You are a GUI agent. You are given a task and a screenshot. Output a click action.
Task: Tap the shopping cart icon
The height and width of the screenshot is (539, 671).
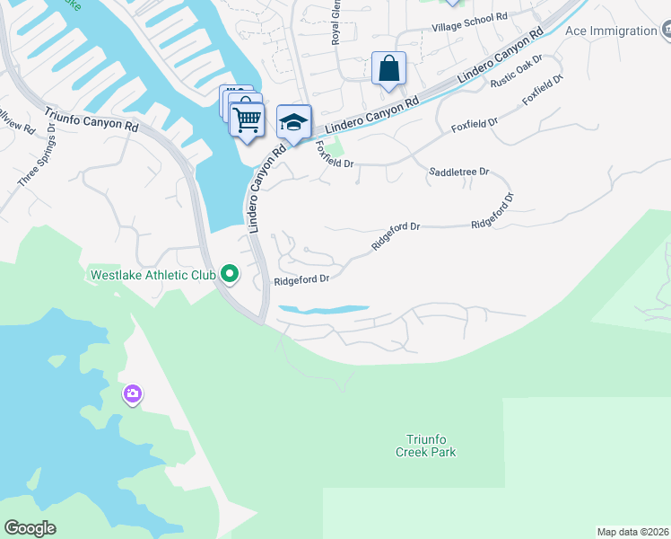coord(247,119)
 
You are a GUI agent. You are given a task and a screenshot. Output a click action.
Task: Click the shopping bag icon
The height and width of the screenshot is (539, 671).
coord(388,68)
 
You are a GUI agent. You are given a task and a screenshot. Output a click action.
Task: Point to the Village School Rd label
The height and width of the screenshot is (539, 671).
coord(469,16)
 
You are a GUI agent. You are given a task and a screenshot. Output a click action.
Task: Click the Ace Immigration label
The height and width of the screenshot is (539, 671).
coord(611,31)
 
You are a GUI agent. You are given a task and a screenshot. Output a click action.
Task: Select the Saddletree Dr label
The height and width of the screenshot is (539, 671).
coord(458,171)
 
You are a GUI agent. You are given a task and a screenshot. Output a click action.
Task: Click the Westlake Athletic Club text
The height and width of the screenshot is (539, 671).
coord(152,274)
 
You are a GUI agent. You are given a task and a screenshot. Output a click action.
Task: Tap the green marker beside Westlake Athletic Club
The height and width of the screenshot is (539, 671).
coord(230,274)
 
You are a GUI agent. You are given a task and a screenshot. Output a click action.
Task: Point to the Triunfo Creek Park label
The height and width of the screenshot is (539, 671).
coord(425,446)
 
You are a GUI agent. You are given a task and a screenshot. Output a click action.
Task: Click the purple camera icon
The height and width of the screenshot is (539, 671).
coord(133,393)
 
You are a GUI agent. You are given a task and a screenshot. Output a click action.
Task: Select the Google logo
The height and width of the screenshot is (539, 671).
coord(30,528)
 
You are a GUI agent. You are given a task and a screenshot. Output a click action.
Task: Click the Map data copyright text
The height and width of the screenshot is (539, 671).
coord(632,532)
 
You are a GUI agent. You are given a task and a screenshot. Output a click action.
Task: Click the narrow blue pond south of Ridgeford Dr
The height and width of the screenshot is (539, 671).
coord(323,310)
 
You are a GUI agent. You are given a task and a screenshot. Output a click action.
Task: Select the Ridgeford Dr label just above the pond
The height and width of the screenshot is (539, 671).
coord(301,279)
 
